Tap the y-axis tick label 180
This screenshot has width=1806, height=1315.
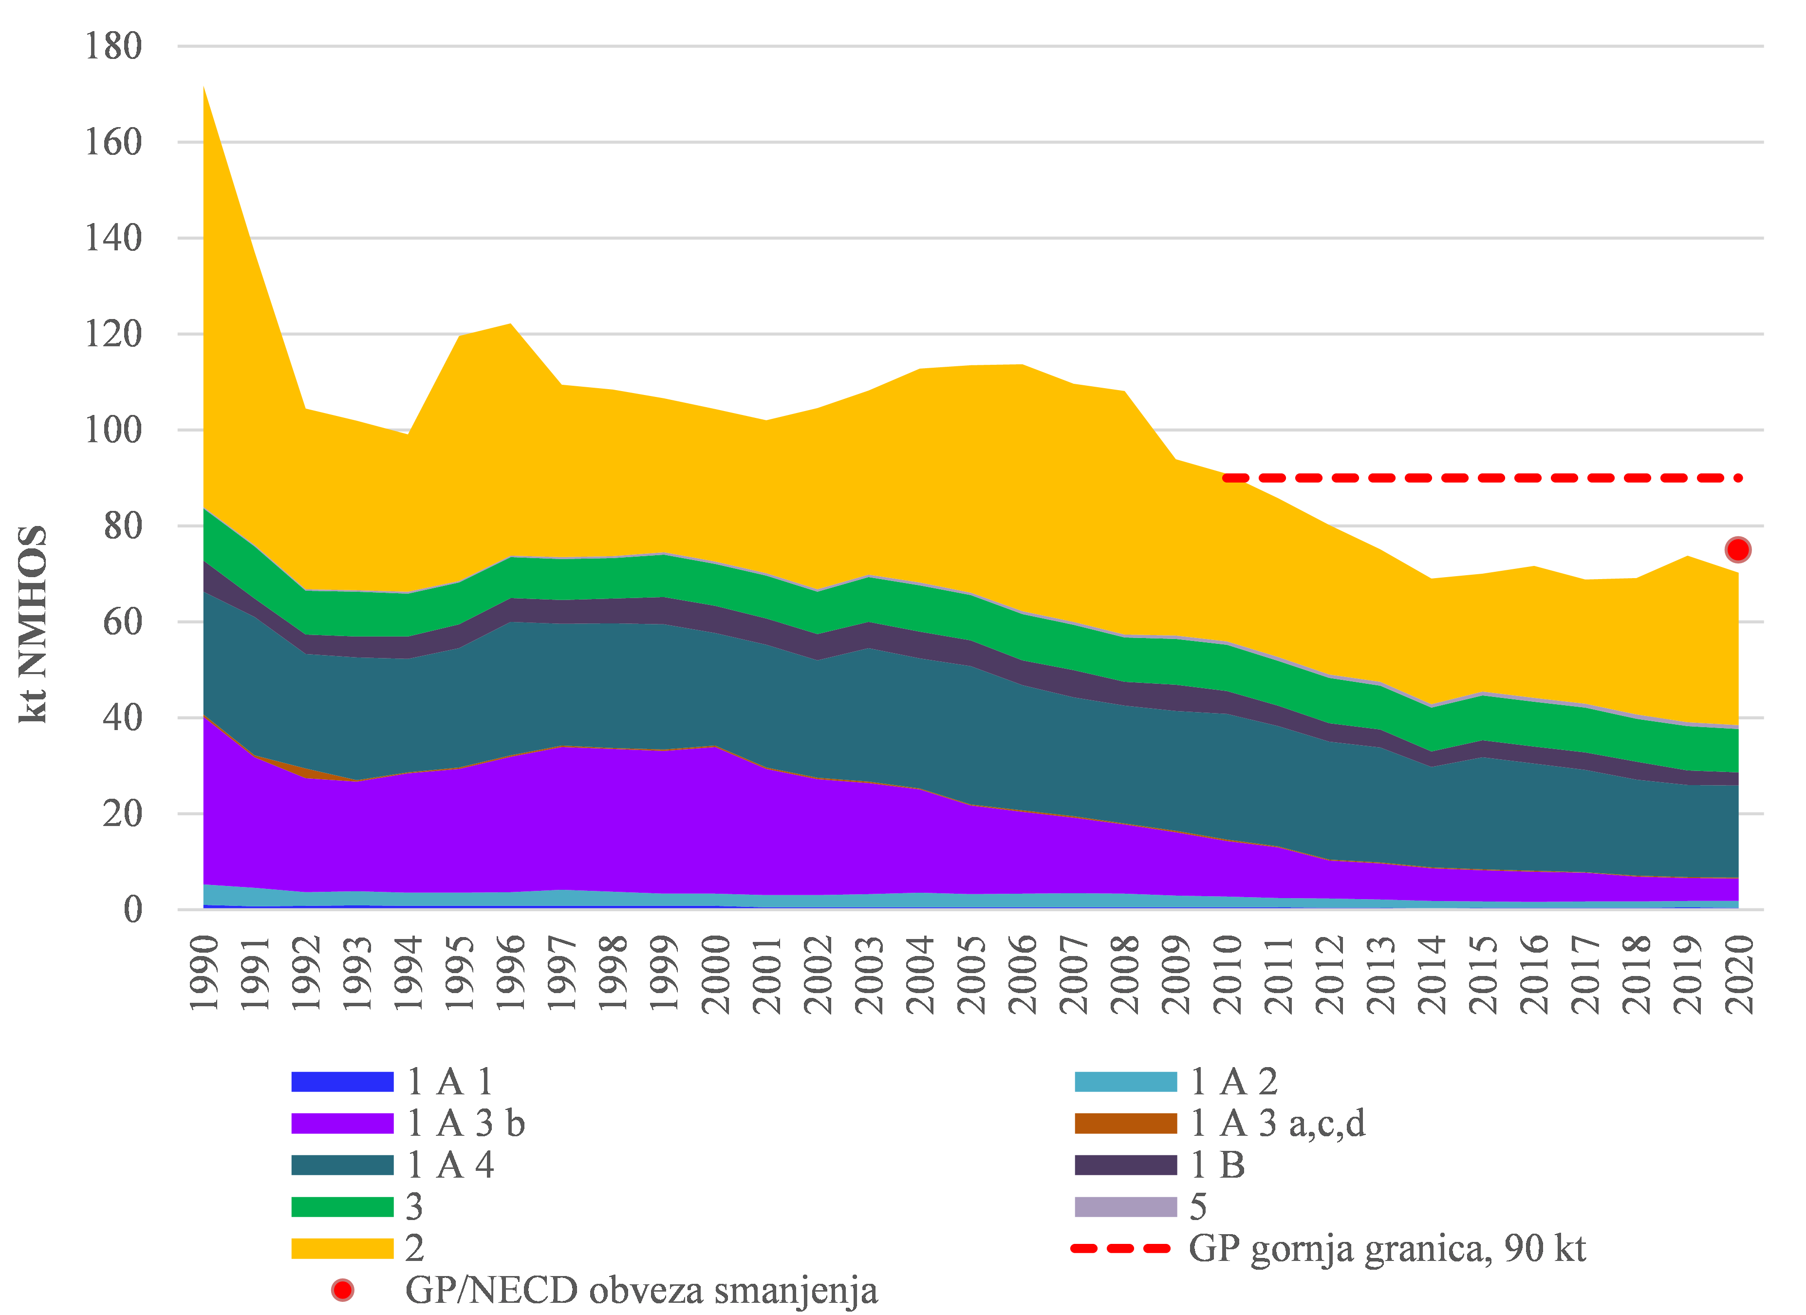(x=113, y=46)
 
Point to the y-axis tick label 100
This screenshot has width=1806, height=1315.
(x=113, y=430)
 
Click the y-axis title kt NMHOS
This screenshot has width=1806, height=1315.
(x=34, y=623)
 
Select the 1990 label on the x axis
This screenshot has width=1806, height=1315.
(x=205, y=973)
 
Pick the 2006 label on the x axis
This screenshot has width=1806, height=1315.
(x=1023, y=973)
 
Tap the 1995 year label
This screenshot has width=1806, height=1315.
(x=460, y=973)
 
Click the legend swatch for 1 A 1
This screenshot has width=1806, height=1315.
(x=342, y=1082)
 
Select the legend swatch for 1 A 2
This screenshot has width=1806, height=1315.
(x=1125, y=1082)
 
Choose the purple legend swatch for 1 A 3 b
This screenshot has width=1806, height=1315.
(x=342, y=1123)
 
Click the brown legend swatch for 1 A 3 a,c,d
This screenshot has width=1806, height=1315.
(x=1125, y=1123)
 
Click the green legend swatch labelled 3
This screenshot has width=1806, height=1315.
(x=342, y=1207)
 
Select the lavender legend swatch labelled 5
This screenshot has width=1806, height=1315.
(x=1125, y=1207)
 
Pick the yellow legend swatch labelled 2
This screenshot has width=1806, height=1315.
(x=342, y=1248)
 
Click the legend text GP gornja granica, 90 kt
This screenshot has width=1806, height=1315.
(x=1386, y=1248)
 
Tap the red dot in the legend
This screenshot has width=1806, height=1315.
(x=342, y=1290)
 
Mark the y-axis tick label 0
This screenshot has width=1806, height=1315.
(x=132, y=910)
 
